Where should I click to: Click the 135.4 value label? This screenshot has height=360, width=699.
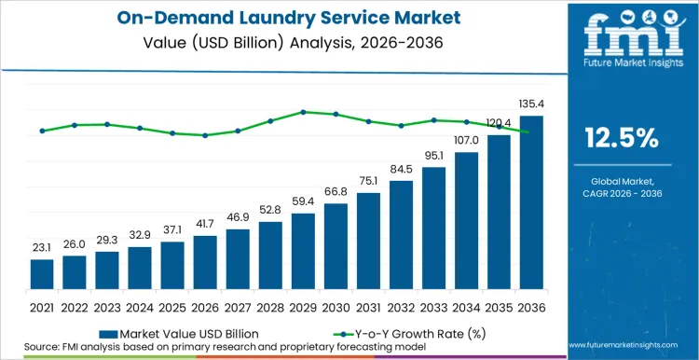click(x=531, y=105)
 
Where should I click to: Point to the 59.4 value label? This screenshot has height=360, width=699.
click(x=303, y=202)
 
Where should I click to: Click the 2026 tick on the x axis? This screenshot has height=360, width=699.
click(x=205, y=306)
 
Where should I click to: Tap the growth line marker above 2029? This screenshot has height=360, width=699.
click(x=303, y=112)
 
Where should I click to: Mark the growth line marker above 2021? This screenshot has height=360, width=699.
click(x=42, y=131)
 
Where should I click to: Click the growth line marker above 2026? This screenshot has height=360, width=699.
click(x=205, y=135)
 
